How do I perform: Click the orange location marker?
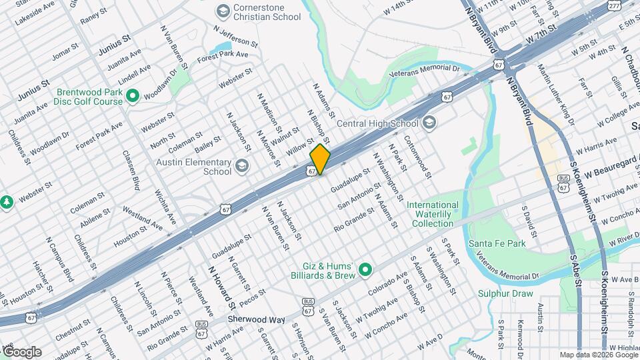320,159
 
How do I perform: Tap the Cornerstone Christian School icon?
223,11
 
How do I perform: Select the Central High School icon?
429,123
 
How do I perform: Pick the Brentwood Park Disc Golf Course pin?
132,97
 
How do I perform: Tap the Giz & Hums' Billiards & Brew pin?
365,269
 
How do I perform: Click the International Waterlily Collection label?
433,214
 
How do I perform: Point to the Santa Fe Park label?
497,243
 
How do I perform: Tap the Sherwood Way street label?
257,319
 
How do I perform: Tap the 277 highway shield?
614,5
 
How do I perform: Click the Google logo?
21,352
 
